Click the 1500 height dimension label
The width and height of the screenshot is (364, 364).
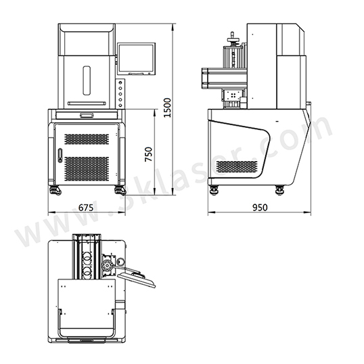[167, 108]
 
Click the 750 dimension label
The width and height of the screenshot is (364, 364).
[149, 154]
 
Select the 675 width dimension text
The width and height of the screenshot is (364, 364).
[86, 208]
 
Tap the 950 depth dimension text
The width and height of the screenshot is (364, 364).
[260, 208]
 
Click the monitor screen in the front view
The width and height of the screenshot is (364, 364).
[136, 59]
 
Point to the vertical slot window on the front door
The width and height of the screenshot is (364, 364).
[87, 81]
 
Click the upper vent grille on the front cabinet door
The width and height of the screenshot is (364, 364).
[87, 139]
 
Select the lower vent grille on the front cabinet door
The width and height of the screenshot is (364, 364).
[87, 168]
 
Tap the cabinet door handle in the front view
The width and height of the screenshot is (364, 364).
[60, 156]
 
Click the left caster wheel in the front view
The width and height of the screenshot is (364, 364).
[55, 191]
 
